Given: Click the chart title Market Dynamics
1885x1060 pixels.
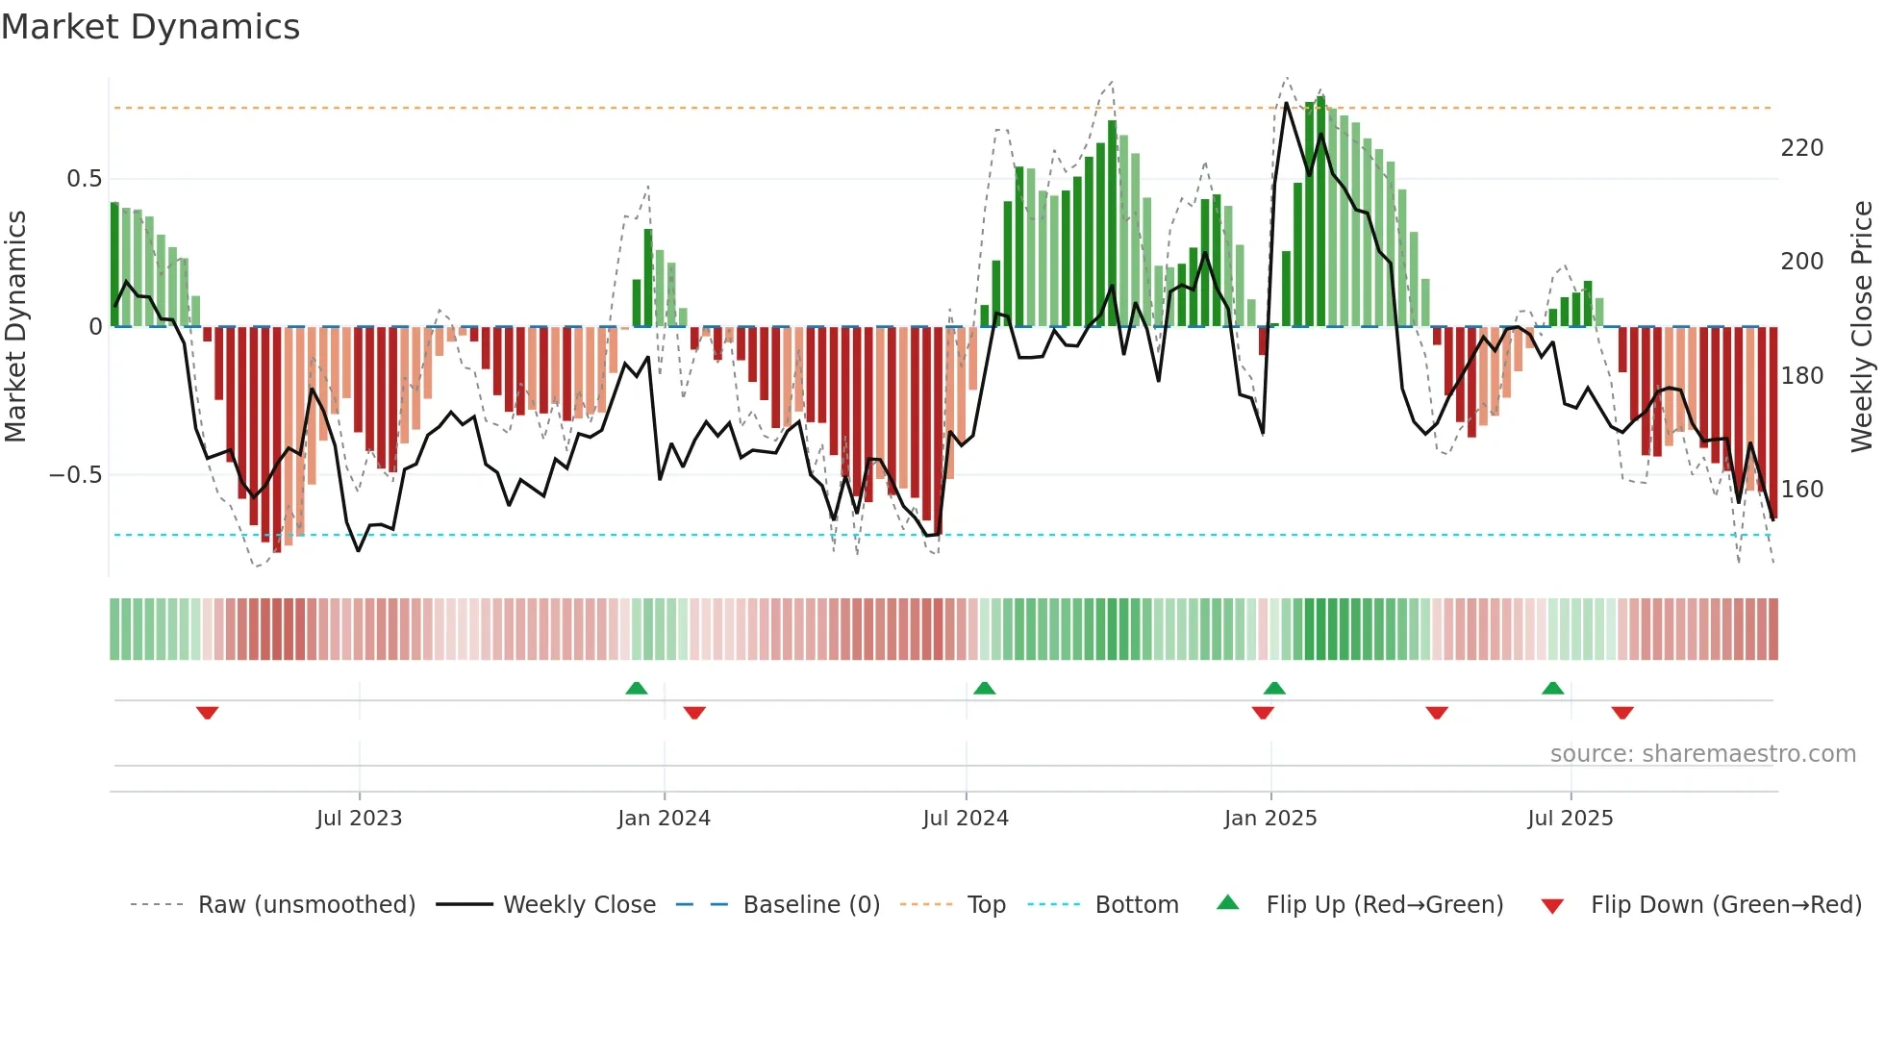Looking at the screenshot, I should point(150,27).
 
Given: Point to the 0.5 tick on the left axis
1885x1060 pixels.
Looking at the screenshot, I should point(84,179).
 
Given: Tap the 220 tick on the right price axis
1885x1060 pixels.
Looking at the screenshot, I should point(1801,148).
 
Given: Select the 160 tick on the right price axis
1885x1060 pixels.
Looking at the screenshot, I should point(1801,490).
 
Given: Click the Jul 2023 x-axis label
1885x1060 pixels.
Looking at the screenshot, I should point(359,819).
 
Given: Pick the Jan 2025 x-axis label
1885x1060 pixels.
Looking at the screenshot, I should point(1269,819).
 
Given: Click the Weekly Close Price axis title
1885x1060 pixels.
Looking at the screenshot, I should point(1862,327).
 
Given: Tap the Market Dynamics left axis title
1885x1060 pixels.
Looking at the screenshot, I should point(15,327).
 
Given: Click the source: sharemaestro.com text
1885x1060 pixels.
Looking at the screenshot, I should point(1702,754).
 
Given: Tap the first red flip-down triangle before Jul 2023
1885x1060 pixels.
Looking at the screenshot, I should point(207,713).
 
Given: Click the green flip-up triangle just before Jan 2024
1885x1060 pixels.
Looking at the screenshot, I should point(636,688).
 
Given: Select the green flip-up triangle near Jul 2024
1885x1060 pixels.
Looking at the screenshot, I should point(984,688).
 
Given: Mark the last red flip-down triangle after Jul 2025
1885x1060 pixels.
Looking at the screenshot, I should point(1622,713).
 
